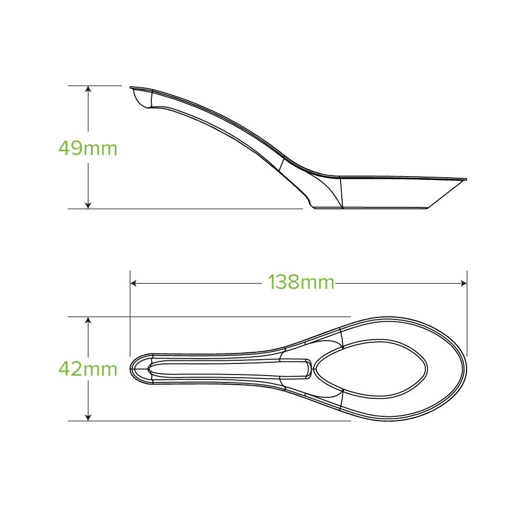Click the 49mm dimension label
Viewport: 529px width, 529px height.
tap(88, 148)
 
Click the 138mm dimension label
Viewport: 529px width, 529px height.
tap(301, 282)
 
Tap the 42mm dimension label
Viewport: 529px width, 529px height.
tap(88, 369)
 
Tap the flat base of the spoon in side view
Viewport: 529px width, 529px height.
tap(370, 208)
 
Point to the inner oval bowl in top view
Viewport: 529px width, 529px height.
tap(370, 369)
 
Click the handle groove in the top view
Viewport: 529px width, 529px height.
tap(227, 369)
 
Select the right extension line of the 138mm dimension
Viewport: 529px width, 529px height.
tap(467, 312)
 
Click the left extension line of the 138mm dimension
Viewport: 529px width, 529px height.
tap(130, 317)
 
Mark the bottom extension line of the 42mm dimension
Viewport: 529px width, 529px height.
tap(212, 421)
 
